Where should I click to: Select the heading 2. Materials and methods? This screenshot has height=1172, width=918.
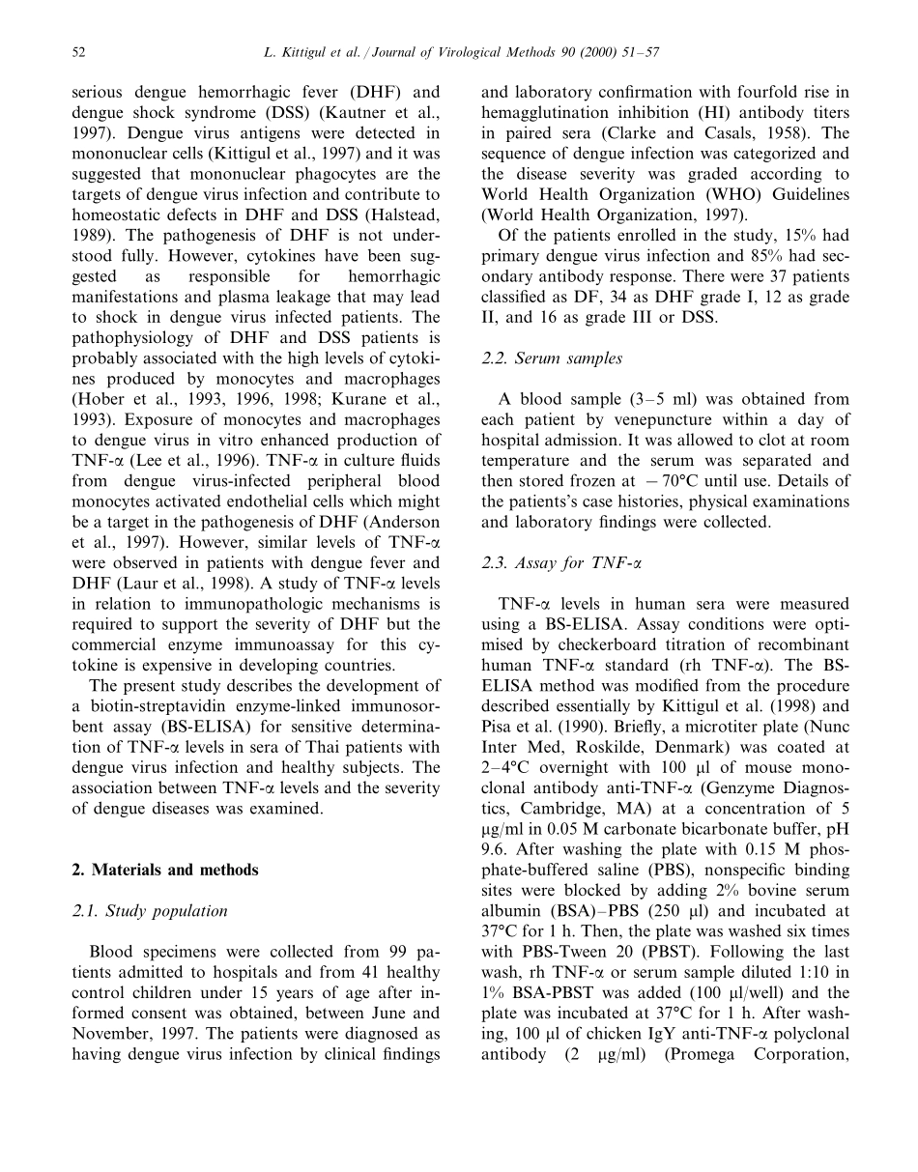tap(165, 870)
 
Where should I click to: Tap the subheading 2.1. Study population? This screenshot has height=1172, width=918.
tap(150, 910)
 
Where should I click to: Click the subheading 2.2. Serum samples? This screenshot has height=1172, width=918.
tap(551, 358)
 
